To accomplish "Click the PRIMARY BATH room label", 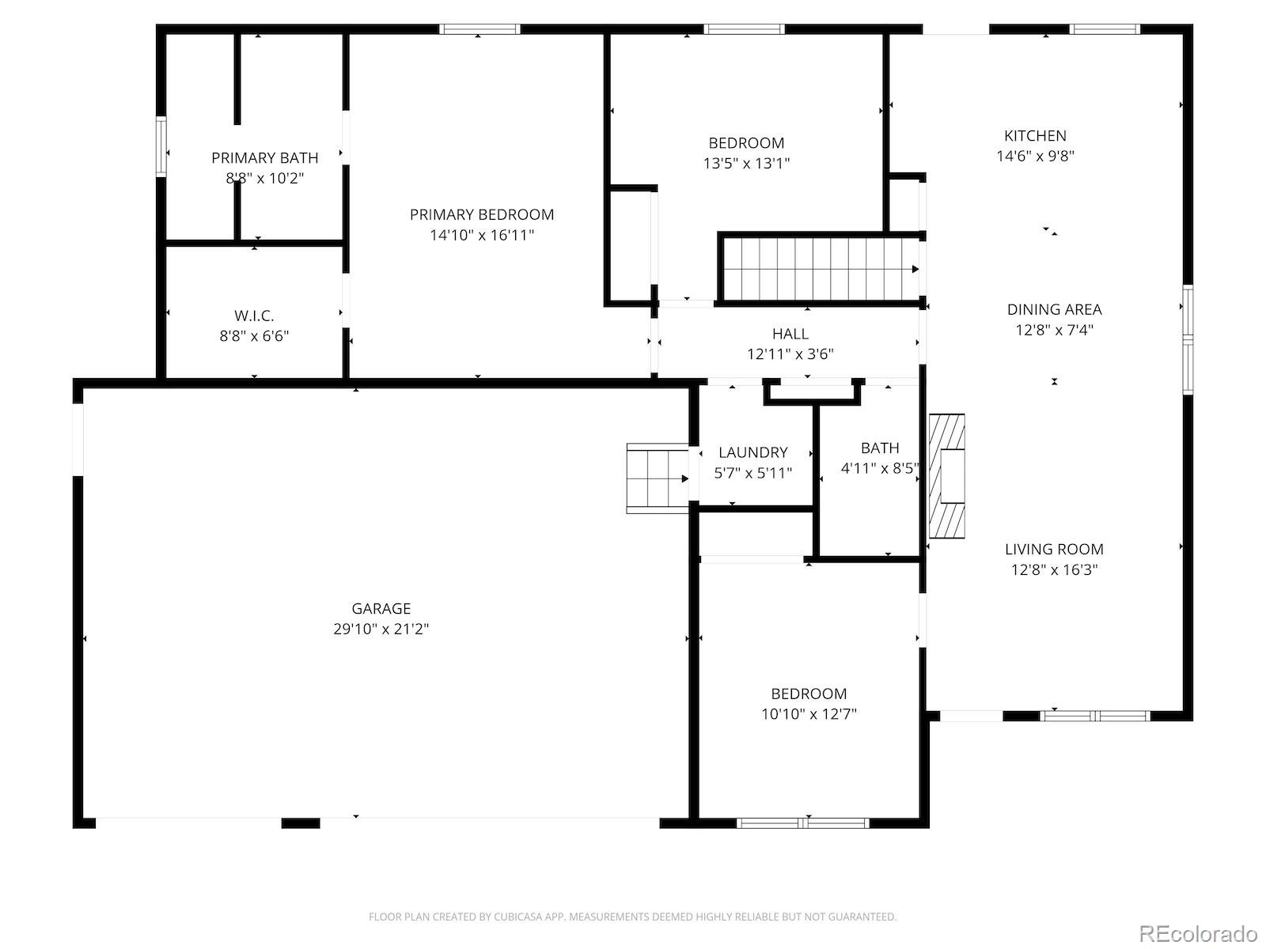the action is pyautogui.click(x=265, y=158).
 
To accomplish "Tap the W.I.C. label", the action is pyautogui.click(x=254, y=316).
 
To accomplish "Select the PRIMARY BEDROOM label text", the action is pyautogui.click(x=482, y=215).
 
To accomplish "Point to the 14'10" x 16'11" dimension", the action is pyautogui.click(x=482, y=235).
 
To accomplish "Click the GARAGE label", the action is pyautogui.click(x=381, y=608).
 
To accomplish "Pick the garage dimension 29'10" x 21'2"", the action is pyautogui.click(x=381, y=629).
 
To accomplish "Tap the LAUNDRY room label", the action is pyautogui.click(x=752, y=452).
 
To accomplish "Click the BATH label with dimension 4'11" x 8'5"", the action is pyautogui.click(x=880, y=448).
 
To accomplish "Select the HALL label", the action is pyautogui.click(x=790, y=334).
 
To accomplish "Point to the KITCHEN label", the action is pyautogui.click(x=1035, y=136).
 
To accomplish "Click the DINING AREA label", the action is pyautogui.click(x=1054, y=309).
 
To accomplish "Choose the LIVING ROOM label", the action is pyautogui.click(x=1054, y=549).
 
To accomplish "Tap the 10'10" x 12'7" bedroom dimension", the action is pyautogui.click(x=809, y=714).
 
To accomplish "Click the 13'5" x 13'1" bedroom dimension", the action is pyautogui.click(x=746, y=164).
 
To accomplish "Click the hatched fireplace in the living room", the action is pyautogui.click(x=946, y=476).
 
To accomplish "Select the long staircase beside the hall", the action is pyautogui.click(x=820, y=269).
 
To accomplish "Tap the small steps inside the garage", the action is pyautogui.click(x=658, y=478).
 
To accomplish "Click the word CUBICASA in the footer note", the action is pyautogui.click(x=519, y=917).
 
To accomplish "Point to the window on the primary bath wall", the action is pyautogui.click(x=161, y=146).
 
